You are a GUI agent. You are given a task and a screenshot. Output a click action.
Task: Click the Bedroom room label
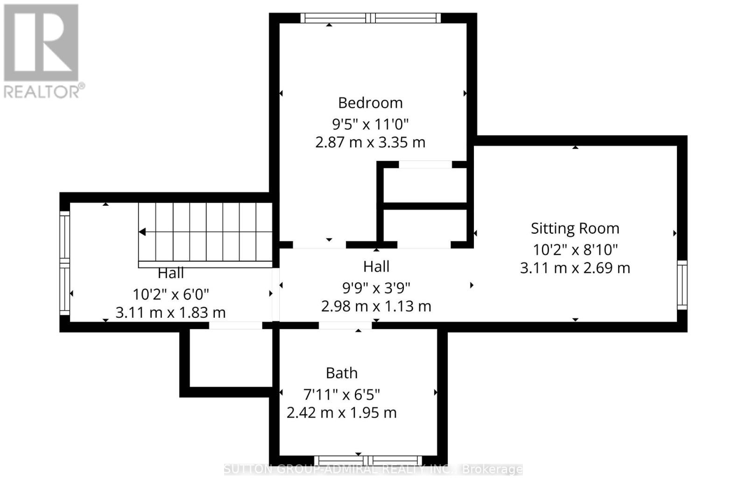[x=370, y=103]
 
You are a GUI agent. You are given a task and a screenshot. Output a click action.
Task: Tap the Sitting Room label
[x=575, y=229]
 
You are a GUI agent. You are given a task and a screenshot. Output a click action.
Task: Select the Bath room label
[x=342, y=373]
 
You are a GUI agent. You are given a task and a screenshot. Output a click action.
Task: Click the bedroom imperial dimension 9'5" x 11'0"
[x=370, y=124]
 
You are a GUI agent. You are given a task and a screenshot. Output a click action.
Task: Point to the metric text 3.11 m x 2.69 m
[x=575, y=268]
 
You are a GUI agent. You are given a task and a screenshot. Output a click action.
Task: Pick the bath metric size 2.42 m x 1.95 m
[x=341, y=412]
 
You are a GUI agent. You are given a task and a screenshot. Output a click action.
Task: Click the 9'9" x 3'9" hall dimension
[x=376, y=288]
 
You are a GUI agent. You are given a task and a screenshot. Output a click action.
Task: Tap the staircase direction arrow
[x=142, y=232]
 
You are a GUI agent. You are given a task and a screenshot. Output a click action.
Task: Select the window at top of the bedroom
[x=370, y=18]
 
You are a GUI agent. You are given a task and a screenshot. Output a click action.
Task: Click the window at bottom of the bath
[x=368, y=460]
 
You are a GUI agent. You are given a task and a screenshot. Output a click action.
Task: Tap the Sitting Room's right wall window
[x=682, y=285]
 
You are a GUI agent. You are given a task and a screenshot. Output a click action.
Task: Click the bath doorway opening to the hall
[x=345, y=325]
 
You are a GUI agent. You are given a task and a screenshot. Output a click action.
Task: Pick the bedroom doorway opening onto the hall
[x=319, y=244]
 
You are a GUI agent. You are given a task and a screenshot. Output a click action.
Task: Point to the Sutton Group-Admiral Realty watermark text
[x=373, y=469]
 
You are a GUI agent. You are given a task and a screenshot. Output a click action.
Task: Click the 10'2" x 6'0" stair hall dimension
[x=170, y=294]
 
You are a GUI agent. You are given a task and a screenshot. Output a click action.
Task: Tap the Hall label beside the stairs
[x=170, y=273]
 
